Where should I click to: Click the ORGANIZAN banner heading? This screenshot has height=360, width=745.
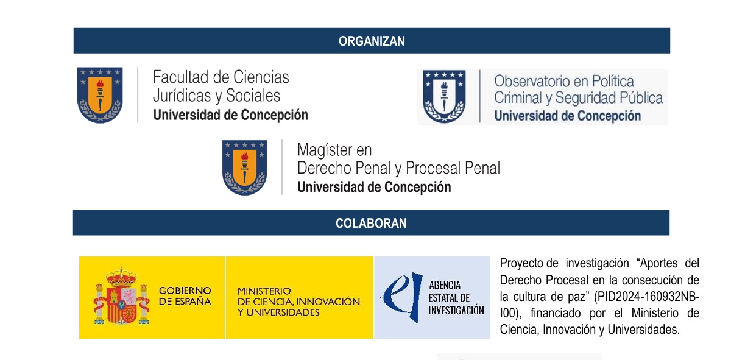372,41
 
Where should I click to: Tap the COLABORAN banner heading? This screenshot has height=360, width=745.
371,224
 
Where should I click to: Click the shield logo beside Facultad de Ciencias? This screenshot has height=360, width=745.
100,95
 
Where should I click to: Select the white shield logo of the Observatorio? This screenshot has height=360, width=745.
444,96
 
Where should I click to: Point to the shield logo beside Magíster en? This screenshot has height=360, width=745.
244,168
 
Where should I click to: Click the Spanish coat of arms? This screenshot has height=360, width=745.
121,296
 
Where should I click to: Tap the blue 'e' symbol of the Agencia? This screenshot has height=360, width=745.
403,297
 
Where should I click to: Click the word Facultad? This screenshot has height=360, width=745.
180,77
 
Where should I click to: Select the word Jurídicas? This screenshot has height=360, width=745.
182,96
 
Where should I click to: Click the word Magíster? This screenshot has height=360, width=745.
325,150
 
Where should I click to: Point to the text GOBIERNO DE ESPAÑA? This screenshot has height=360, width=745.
185,296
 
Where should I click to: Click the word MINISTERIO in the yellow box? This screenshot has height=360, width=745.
264,291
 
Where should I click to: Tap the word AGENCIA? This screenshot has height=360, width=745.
445,286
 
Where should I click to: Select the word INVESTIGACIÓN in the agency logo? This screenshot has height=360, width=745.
456,310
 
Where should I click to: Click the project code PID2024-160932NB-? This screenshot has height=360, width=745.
646,297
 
